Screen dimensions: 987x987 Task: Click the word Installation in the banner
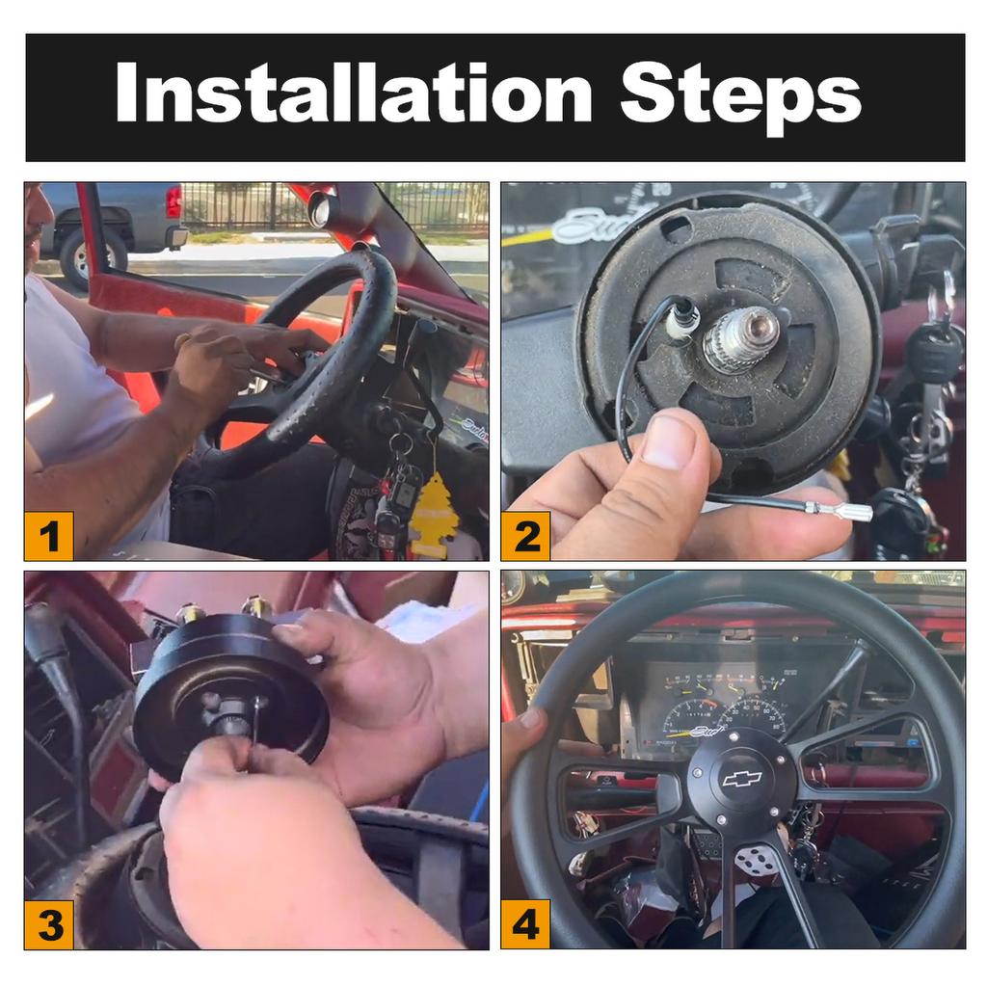[354, 92]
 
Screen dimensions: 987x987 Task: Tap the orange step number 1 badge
[48, 536]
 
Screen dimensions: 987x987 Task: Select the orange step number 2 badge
[525, 536]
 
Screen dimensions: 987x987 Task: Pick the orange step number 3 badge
[48, 924]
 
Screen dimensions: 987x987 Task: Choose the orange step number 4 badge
[525, 924]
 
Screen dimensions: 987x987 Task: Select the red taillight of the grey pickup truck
[173, 200]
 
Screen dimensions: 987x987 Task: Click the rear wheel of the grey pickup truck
[84, 258]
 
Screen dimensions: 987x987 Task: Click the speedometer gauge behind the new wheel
[751, 717]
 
